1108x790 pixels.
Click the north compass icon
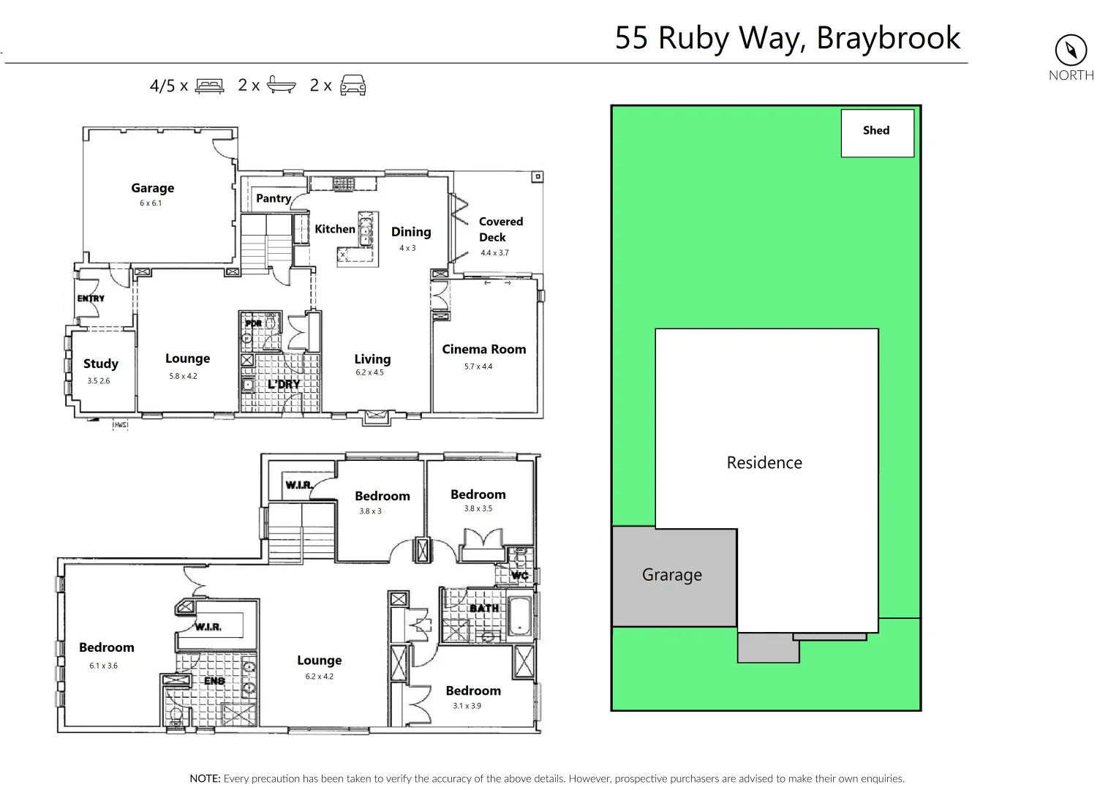coord(1071,50)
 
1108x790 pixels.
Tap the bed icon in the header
coord(210,86)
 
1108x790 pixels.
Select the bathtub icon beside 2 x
coord(282,85)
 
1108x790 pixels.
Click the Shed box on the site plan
coord(877,132)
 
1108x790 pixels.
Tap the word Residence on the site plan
coord(764,462)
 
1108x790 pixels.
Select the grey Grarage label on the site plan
coord(671,575)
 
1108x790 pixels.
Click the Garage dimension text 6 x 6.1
coord(151,203)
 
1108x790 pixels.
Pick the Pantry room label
coord(274,198)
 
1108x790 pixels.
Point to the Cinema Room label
coord(483,349)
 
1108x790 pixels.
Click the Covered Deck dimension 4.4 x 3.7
coord(494,253)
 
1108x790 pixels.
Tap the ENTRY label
coord(91,298)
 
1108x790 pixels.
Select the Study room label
coord(101,364)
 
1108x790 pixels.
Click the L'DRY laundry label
coord(284,384)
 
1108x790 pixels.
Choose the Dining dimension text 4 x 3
coord(407,248)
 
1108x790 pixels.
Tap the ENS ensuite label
coord(214,681)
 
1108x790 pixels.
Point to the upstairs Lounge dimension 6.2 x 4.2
coord(319,677)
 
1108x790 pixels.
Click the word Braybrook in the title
coord(888,38)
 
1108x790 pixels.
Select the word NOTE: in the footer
coord(205,778)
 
